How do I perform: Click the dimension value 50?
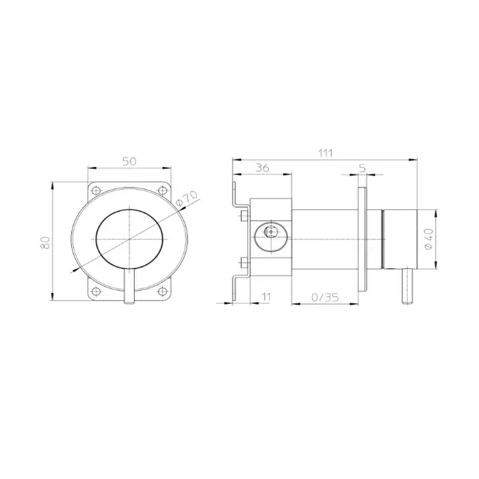[129, 161]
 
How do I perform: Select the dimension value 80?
[45, 242]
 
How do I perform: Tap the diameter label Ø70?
[187, 198]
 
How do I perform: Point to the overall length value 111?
[325, 153]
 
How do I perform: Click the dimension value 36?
[262, 168]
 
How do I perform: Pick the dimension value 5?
[362, 168]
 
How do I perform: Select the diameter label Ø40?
[429, 239]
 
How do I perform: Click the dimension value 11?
[266, 296]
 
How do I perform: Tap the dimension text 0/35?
[325, 297]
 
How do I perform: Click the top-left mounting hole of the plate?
[96, 191]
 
